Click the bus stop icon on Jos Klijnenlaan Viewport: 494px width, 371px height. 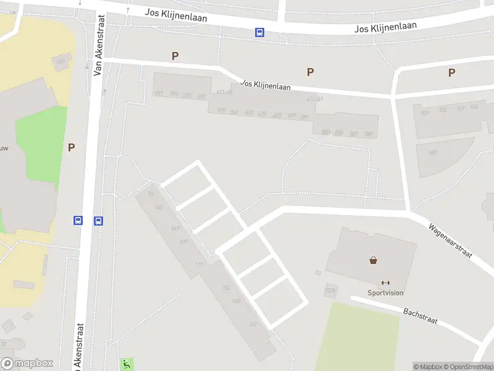coord(260,33)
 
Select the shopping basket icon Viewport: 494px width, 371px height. coord(374,260)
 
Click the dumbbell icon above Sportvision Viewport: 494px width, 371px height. coord(386,283)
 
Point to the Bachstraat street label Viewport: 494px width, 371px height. coord(420,315)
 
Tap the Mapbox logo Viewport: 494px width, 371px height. coord(27,364)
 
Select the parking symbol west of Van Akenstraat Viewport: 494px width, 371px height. coord(72,147)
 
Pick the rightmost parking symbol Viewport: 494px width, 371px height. coord(451,72)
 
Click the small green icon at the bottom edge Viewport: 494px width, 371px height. coord(127,364)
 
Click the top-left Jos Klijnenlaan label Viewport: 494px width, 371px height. coord(175,15)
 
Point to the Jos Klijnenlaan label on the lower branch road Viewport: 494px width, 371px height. coord(266,85)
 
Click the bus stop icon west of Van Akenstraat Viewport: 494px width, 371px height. coord(78,220)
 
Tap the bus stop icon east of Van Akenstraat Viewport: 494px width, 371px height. coord(98,220)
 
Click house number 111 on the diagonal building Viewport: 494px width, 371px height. coord(199,265)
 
